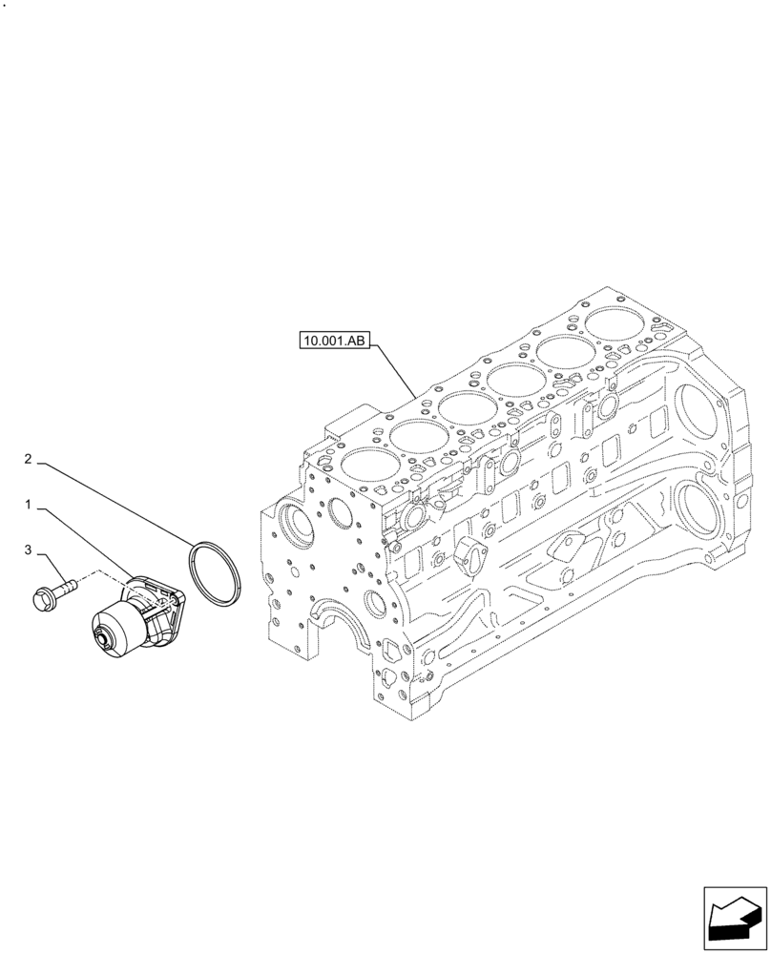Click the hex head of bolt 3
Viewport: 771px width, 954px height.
(46, 598)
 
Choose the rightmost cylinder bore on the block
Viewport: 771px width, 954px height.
(615, 326)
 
